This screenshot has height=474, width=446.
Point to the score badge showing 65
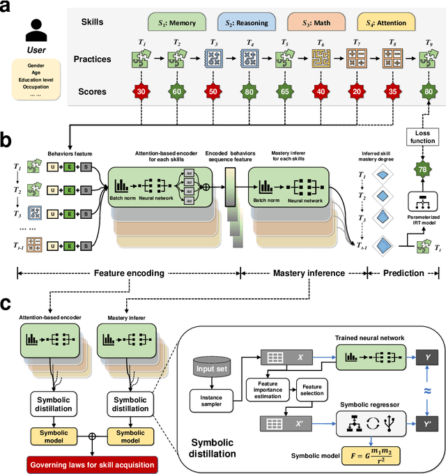[285, 91]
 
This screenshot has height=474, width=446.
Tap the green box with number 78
[421, 170]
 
